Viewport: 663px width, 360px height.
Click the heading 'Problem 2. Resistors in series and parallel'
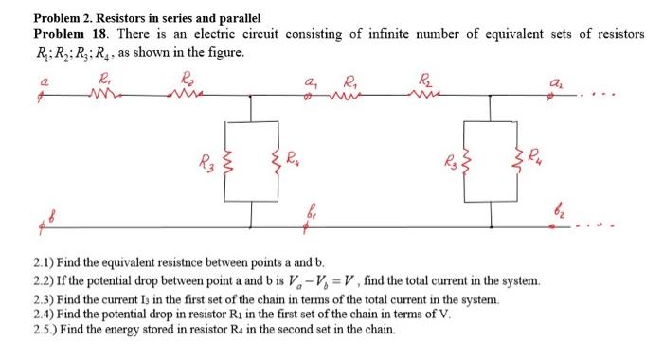pyautogui.click(x=147, y=18)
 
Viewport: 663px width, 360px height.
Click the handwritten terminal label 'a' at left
pyautogui.click(x=40, y=84)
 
